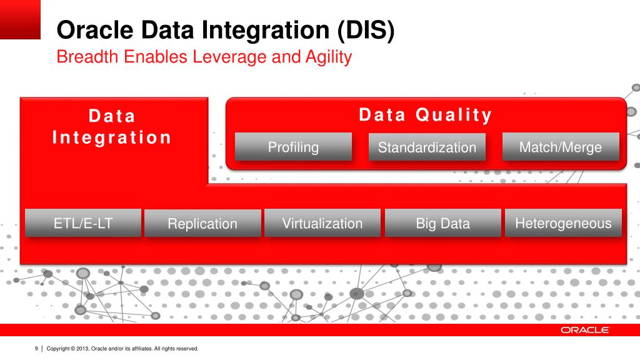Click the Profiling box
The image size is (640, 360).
tap(293, 146)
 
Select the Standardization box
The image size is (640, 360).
tap(427, 147)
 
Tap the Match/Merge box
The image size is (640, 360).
tap(561, 146)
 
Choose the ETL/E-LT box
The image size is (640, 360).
tap(83, 223)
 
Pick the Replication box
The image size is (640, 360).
tap(202, 223)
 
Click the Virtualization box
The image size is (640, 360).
tap(322, 223)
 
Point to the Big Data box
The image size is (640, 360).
tap(443, 223)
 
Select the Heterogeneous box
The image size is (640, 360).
tap(563, 223)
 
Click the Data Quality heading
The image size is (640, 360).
tap(425, 115)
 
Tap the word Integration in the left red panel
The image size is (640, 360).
tap(111, 137)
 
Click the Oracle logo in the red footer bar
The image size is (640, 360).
tap(584, 330)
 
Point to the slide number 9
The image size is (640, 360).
tap(36, 349)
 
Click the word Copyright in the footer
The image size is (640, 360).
tap(58, 349)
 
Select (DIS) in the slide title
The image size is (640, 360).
tap(366, 31)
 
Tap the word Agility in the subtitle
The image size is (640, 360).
tap(329, 57)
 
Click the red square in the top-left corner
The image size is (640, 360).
tap(20, 19)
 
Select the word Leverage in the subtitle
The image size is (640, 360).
tap(230, 57)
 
